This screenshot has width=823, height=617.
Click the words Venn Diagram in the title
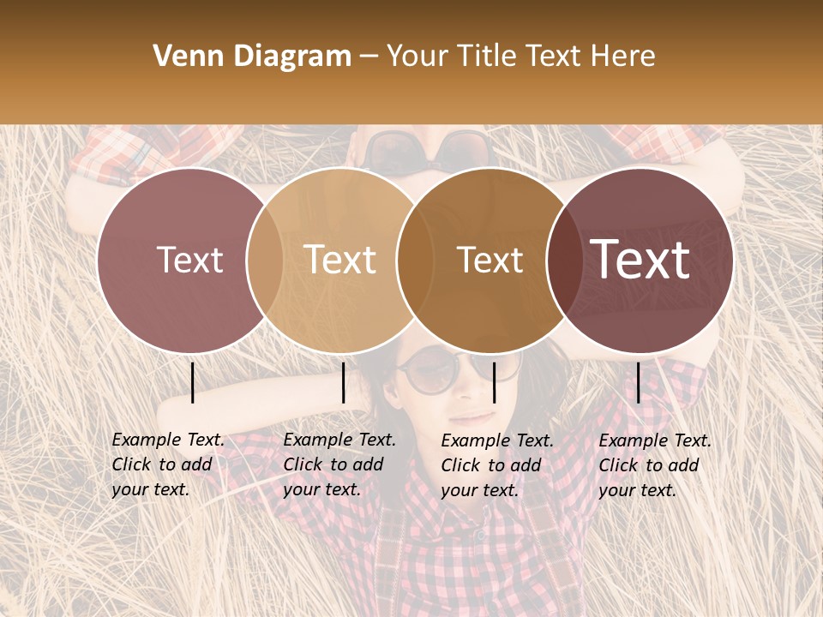(x=252, y=57)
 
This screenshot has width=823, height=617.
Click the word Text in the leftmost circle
(x=189, y=260)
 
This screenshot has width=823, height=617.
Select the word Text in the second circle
(x=339, y=260)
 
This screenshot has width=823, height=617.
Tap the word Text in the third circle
(x=490, y=260)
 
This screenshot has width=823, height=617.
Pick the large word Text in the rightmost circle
(x=640, y=259)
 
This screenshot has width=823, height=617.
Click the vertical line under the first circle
(x=193, y=382)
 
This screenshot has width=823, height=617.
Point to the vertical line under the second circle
(x=343, y=382)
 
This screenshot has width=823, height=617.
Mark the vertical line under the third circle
(x=494, y=382)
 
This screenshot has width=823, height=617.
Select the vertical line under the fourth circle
(x=638, y=382)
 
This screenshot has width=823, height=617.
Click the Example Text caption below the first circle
(x=167, y=464)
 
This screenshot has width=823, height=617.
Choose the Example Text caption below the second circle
(x=339, y=464)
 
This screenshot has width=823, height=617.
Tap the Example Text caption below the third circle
(x=496, y=465)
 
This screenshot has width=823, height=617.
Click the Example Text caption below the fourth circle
(x=654, y=465)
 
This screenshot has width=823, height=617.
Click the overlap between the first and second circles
(x=265, y=260)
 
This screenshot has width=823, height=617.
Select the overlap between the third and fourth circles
(x=562, y=260)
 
